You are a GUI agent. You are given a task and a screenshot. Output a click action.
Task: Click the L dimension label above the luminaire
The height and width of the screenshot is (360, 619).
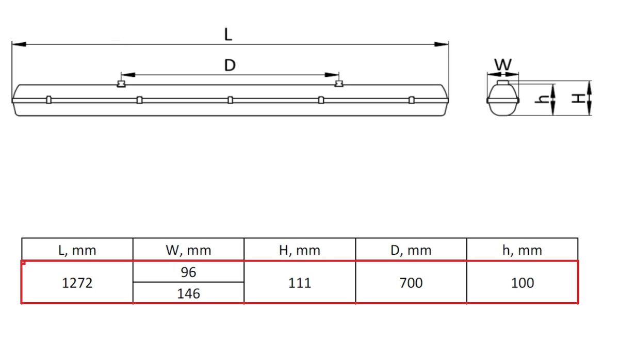point(228,35)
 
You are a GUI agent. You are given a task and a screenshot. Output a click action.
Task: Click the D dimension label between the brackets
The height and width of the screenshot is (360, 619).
point(230,66)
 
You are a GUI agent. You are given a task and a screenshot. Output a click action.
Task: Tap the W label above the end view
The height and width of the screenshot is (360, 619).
point(503,65)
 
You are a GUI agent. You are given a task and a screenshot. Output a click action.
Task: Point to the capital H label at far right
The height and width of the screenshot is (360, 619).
point(580,97)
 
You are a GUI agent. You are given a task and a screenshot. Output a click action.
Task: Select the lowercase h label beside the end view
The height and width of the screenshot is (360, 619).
point(542,100)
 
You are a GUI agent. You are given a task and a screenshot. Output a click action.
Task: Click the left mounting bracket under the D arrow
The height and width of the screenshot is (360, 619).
point(122,84)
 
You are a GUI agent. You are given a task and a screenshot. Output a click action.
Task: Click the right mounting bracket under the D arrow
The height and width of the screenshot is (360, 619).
point(338,84)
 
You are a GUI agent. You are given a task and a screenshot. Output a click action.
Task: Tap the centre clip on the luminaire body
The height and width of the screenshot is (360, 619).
point(230,100)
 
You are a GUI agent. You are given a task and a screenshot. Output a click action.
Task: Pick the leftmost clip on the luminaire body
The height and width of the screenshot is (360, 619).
point(48,100)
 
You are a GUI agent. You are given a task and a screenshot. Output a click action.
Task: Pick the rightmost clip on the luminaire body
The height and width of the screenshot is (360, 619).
point(411,100)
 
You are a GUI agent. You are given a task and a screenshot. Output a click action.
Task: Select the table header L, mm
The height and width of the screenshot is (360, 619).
point(77,251)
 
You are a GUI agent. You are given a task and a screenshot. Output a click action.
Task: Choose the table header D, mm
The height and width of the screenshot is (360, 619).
point(411,251)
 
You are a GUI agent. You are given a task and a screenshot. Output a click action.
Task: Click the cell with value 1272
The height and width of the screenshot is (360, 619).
point(77,283)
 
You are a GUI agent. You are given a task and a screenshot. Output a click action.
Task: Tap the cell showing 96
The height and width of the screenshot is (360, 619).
point(188,272)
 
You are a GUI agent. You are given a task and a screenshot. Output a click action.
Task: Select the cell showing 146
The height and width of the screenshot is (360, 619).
point(188,293)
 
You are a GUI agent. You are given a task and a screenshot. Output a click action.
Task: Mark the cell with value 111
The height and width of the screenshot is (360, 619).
point(300,283)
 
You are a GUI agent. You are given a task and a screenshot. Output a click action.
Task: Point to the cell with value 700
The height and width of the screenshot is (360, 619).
point(411,283)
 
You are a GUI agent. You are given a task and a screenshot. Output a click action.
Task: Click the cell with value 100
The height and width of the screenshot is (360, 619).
point(523,283)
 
